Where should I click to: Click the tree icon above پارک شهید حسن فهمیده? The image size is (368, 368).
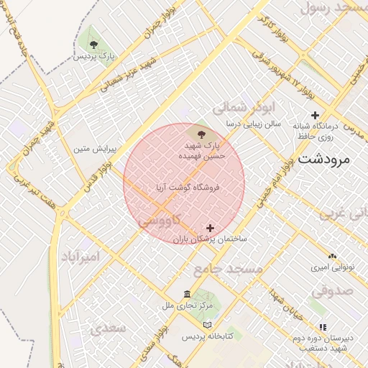[x=201, y=134]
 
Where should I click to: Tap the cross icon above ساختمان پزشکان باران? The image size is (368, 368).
[x=210, y=227]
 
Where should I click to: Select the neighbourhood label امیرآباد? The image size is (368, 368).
[x=80, y=256]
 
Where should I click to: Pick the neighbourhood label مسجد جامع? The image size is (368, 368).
[x=219, y=270]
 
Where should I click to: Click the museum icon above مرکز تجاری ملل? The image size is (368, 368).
[x=188, y=295]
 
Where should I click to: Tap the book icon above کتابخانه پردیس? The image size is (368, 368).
[x=208, y=325]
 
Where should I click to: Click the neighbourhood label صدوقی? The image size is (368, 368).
[x=333, y=292]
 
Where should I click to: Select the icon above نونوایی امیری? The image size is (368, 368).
[x=331, y=256]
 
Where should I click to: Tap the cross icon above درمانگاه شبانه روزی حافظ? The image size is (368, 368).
[x=315, y=115]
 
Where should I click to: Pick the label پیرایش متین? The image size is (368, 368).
[x=91, y=149]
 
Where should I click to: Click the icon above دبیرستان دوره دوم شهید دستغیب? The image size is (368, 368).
[x=323, y=326]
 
